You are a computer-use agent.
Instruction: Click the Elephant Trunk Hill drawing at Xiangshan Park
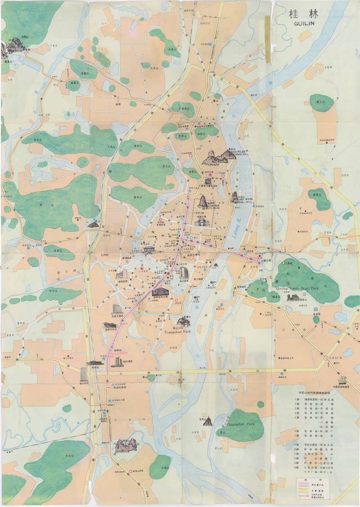click(182, 320)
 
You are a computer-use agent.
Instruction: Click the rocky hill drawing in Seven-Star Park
click(293, 297)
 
